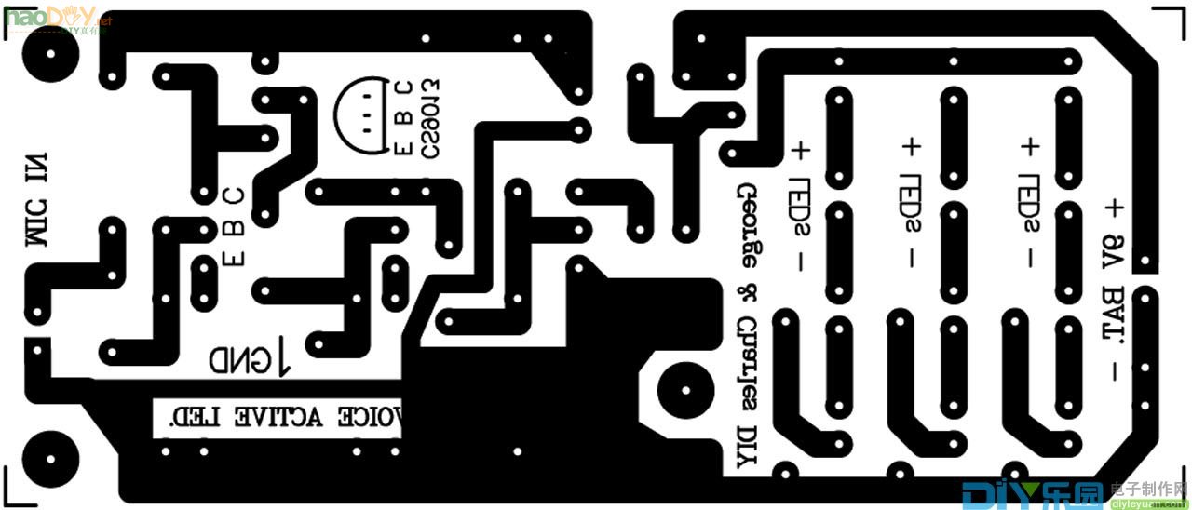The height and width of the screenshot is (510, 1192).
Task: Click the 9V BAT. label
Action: pyautogui.click(x=1114, y=289)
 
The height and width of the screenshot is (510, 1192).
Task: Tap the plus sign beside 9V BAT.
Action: pyautogui.click(x=1114, y=207)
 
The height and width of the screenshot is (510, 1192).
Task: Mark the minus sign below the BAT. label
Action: pyautogui.click(x=1114, y=370)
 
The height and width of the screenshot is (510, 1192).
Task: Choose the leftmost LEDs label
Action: pyautogui.click(x=799, y=207)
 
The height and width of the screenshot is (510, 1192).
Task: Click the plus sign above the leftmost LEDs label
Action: pyautogui.click(x=799, y=150)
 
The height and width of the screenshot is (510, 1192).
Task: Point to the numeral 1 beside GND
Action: pyautogui.click(x=283, y=357)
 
